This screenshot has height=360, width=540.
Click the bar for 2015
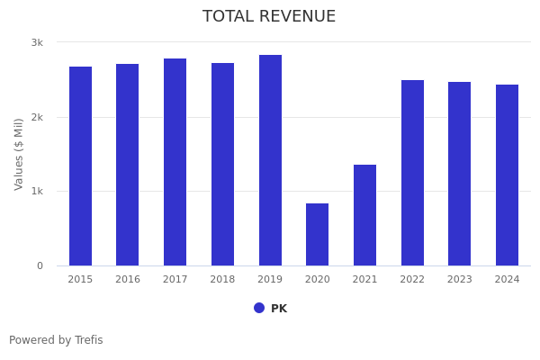point(80,166)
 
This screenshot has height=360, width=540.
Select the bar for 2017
point(175,162)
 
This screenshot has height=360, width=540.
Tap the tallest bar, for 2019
point(270,160)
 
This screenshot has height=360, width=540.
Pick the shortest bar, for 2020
point(317,235)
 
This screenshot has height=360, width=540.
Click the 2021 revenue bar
point(364,215)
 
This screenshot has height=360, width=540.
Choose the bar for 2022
point(412,173)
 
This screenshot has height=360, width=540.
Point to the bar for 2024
point(507,175)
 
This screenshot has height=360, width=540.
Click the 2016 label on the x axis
point(128,280)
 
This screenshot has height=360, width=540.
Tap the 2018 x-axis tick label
point(222,280)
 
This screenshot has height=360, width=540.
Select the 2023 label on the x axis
point(460,280)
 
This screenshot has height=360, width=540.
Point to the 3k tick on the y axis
point(37,42)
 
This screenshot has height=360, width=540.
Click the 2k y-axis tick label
point(37,117)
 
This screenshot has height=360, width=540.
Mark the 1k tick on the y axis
point(37,192)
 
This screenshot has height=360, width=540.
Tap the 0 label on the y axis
point(40,265)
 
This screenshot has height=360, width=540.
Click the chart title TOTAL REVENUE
point(269,17)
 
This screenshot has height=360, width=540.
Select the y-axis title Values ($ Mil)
point(19,154)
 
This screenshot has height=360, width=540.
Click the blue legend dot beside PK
point(259,308)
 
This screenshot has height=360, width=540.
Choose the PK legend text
point(279,309)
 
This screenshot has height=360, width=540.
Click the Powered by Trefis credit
point(56,340)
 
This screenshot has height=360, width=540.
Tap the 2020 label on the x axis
point(318,280)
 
